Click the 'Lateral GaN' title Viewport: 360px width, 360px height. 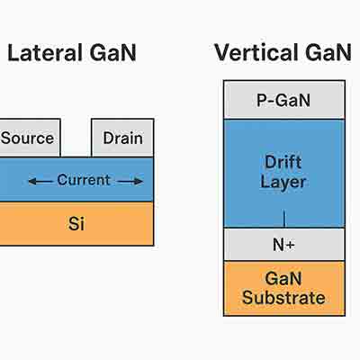click(72, 53)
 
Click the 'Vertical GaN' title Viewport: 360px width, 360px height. click(283, 53)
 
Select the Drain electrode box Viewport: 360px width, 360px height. click(122, 139)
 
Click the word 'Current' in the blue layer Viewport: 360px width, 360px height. click(84, 180)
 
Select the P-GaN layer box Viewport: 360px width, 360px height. click(283, 100)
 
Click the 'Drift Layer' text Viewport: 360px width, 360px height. click(284, 172)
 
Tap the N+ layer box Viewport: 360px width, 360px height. click(283, 244)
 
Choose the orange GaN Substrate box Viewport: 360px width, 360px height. click(283, 288)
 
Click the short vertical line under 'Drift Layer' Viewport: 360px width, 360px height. click(284, 218)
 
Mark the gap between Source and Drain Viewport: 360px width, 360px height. click(76, 139)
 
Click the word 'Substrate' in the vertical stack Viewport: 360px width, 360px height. click(284, 298)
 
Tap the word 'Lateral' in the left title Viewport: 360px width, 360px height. click(43, 53)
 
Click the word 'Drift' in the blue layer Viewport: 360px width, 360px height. click(284, 162)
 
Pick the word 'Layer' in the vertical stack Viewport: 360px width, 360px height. click(284, 183)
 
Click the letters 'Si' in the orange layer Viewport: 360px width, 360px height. click(76, 223)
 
